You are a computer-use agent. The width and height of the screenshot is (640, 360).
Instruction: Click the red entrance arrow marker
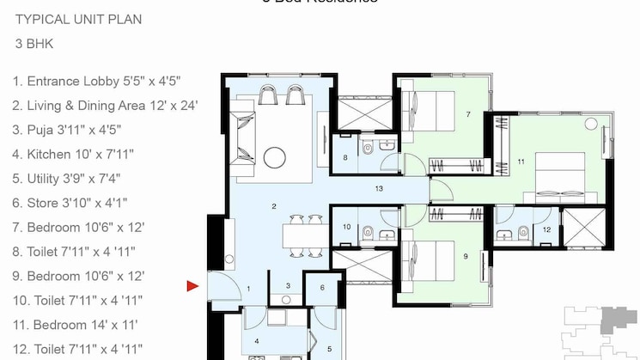pos(193,286)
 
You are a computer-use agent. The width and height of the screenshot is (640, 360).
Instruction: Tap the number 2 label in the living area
pos(273,206)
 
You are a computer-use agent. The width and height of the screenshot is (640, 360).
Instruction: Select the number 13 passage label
pos(376,186)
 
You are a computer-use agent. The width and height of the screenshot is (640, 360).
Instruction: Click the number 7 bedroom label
pos(468,113)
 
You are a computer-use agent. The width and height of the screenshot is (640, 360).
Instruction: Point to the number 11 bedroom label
pos(521,161)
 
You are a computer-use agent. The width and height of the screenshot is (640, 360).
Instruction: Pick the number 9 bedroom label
pos(465,256)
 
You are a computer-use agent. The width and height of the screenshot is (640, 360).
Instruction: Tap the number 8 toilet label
pos(345,158)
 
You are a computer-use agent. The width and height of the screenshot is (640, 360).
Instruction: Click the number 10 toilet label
pos(345,227)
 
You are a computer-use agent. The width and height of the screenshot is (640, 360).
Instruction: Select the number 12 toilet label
pos(546,229)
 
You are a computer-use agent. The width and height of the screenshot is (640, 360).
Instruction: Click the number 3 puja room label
pos(289,286)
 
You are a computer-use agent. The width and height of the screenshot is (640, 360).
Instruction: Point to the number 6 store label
pos(321,288)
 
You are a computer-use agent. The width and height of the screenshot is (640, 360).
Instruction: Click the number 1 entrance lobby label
pos(249,289)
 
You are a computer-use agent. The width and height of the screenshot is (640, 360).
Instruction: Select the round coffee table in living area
pos(275,157)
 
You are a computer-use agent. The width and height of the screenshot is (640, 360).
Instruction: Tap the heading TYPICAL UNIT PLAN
pos(78,19)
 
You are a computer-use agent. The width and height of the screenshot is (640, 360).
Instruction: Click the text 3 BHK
pos(32,42)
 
